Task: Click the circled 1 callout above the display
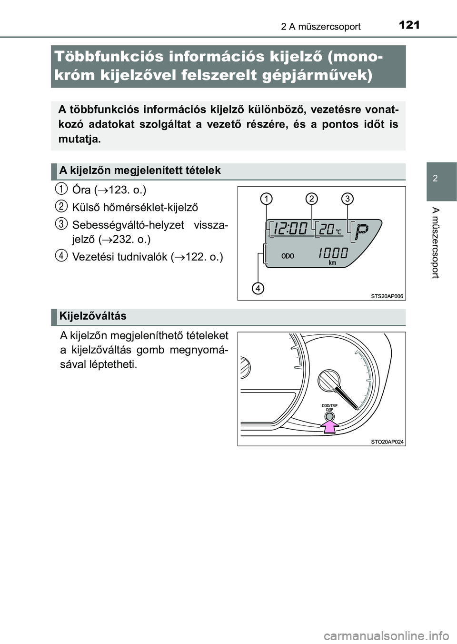[x=267, y=198]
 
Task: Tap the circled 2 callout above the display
[x=312, y=198]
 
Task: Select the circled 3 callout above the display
[x=348, y=198]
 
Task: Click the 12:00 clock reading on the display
[x=291, y=229]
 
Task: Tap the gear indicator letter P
[x=362, y=232]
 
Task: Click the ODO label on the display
[x=288, y=256]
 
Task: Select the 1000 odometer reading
[x=333, y=253]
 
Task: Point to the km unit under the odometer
[x=332, y=263]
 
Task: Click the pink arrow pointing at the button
[x=329, y=425]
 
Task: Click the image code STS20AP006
[x=387, y=296]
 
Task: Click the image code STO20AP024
[x=387, y=442]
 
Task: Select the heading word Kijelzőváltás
[x=93, y=316]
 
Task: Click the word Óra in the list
[x=81, y=190]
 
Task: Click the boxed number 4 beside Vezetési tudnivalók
[x=61, y=255]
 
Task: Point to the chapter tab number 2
[x=436, y=179]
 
